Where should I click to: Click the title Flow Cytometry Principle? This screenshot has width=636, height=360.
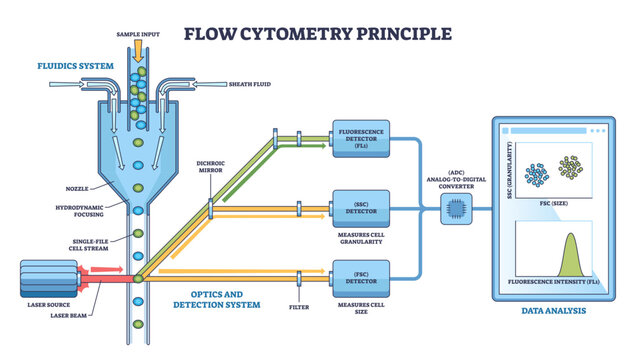point(318,32)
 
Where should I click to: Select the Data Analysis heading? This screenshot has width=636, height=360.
point(553,311)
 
